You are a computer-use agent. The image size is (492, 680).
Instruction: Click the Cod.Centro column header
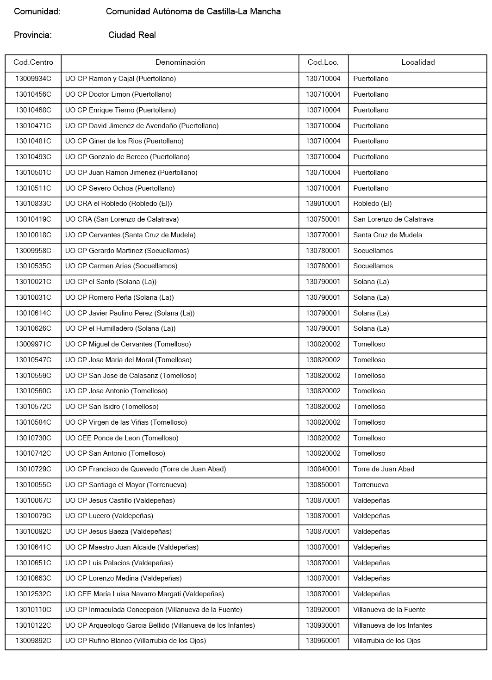click(x=33, y=62)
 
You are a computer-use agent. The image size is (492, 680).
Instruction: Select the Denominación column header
click(x=180, y=62)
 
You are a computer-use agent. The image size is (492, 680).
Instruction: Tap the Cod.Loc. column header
click(x=323, y=62)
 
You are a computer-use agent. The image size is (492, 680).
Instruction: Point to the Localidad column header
click(x=418, y=62)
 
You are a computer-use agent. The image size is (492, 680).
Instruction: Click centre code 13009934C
click(x=33, y=79)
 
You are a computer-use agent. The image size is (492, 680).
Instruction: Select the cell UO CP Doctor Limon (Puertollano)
click(x=118, y=94)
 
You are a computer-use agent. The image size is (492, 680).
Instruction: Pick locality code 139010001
click(x=323, y=204)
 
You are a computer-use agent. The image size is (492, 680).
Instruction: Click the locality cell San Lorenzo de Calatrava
click(x=393, y=219)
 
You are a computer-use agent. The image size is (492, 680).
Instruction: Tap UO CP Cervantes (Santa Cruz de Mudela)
click(x=131, y=235)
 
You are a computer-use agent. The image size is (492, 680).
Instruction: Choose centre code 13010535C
click(x=33, y=266)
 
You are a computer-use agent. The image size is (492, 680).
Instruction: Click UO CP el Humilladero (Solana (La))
click(x=120, y=328)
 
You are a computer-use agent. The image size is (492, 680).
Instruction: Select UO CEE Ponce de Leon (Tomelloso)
click(x=122, y=438)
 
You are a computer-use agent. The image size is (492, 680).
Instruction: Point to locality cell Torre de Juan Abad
click(x=384, y=469)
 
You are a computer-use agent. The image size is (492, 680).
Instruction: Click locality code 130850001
click(x=323, y=485)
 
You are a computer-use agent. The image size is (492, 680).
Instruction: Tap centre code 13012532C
click(x=33, y=594)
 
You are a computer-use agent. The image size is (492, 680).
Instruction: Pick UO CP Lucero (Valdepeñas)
click(x=109, y=516)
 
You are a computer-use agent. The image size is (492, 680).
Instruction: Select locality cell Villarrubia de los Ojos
click(x=387, y=641)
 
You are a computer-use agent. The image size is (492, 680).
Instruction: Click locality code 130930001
click(x=323, y=625)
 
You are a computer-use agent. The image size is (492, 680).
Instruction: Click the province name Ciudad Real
click(x=132, y=35)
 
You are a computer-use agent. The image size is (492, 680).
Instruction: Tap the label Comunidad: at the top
click(x=37, y=12)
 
